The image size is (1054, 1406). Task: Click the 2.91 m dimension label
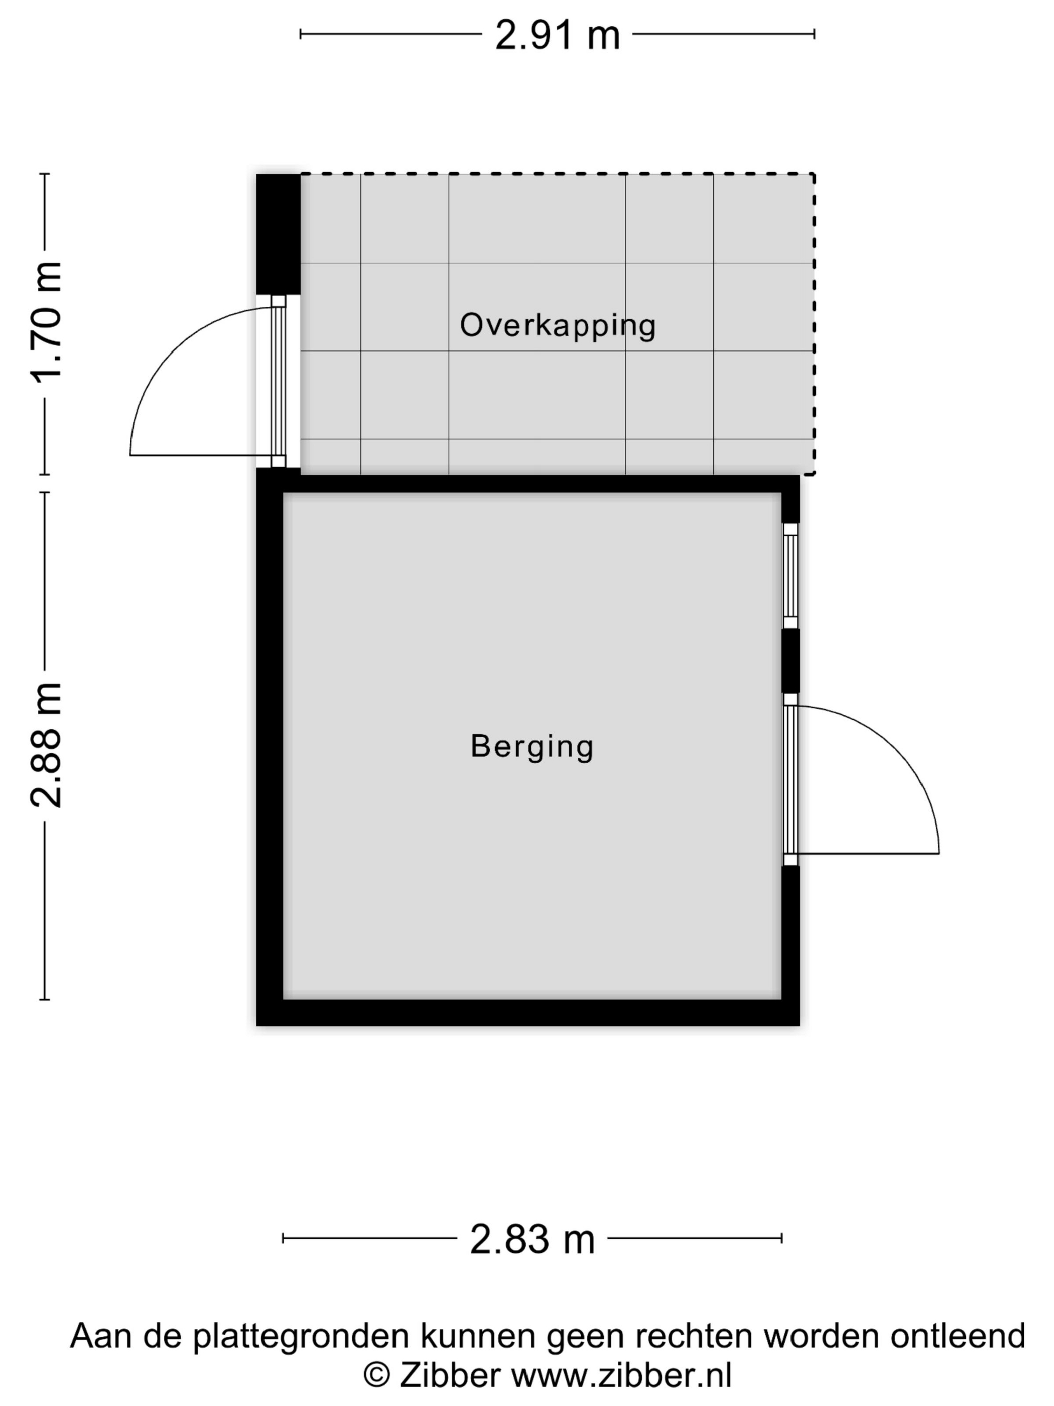(557, 35)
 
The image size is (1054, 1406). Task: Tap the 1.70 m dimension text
(46, 321)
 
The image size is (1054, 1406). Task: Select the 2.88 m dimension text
(46, 746)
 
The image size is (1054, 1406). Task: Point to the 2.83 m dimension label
(533, 1239)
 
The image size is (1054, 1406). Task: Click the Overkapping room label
(558, 325)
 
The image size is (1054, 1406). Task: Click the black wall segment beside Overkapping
(278, 234)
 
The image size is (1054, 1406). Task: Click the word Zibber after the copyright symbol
(450, 1375)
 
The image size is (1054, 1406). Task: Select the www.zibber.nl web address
(622, 1375)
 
